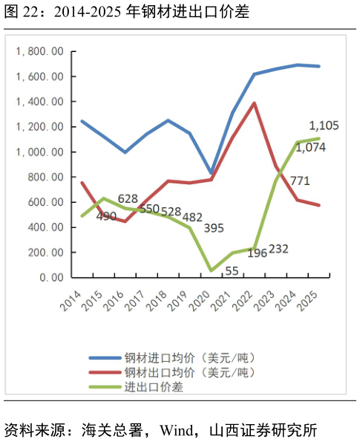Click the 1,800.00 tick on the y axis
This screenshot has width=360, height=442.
[x=40, y=51]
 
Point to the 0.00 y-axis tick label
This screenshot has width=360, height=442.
[x=50, y=277]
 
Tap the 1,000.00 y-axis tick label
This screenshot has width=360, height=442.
[x=40, y=152]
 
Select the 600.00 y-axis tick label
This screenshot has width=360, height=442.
[x=45, y=202]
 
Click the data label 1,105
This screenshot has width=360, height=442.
[x=323, y=126]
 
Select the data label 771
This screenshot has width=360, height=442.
[x=299, y=181]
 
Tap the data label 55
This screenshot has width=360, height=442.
[x=231, y=270]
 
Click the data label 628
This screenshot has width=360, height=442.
[x=128, y=198]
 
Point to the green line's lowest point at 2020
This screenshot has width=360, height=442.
[x=212, y=270]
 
